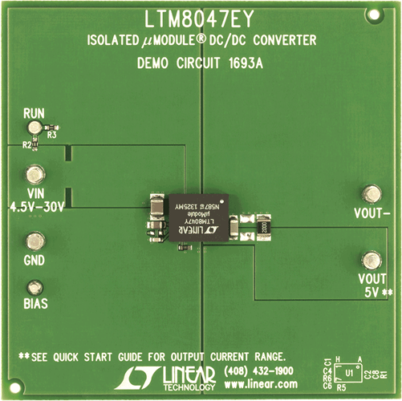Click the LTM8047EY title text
(201, 18)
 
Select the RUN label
(35, 113)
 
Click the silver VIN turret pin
(35, 176)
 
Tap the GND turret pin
(35, 241)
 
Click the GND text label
(35, 261)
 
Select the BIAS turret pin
(35, 287)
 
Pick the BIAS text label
(35, 305)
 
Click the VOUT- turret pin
(371, 193)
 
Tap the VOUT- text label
(372, 214)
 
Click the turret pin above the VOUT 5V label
(371, 260)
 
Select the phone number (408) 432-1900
(259, 371)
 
